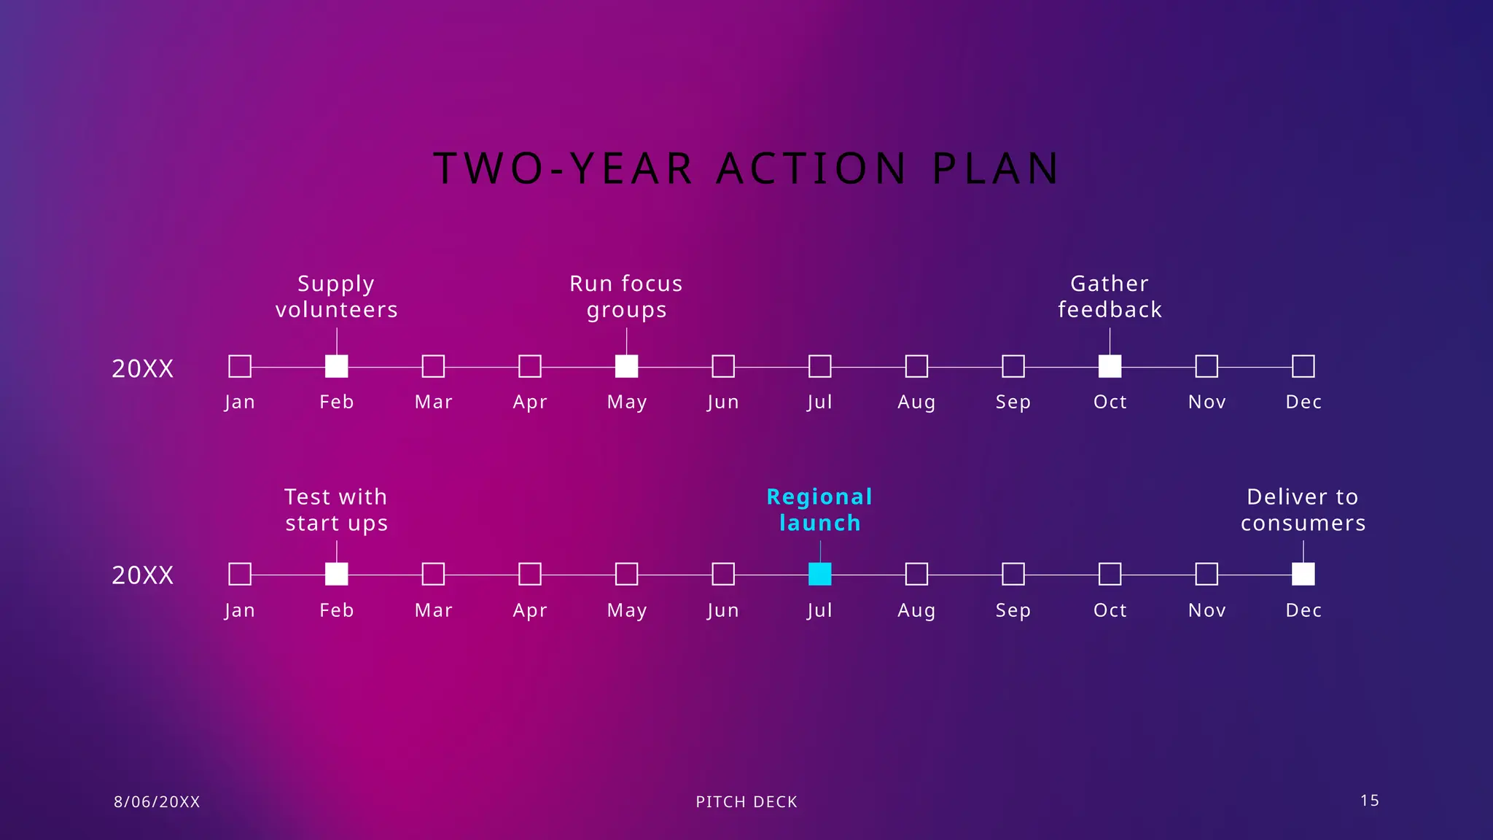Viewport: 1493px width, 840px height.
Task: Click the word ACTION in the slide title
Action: click(812, 168)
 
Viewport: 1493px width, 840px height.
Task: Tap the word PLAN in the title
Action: click(996, 168)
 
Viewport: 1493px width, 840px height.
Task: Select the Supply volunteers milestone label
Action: click(336, 297)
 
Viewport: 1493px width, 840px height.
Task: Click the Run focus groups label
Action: click(626, 297)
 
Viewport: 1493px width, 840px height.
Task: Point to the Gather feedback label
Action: click(1110, 297)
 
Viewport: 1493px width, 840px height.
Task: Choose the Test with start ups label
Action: click(336, 510)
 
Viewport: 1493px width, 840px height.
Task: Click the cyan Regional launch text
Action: click(819, 510)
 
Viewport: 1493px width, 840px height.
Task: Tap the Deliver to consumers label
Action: click(1303, 510)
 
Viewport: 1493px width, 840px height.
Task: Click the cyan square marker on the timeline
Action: click(819, 574)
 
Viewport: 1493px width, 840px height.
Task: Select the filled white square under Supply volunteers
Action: click(336, 366)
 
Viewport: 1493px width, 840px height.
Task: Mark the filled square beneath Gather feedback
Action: click(1110, 366)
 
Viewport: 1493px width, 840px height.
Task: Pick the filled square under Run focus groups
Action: click(626, 366)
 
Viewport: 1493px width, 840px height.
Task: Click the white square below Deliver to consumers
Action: click(1303, 574)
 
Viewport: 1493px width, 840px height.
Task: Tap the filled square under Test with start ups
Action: click(336, 574)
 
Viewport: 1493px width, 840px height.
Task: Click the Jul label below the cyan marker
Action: click(819, 610)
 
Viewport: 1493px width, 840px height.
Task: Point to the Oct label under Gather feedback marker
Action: click(1110, 402)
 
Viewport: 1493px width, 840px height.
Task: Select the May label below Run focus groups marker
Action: click(626, 402)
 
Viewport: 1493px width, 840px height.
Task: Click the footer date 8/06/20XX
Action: click(157, 802)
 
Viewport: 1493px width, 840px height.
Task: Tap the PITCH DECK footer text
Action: click(746, 802)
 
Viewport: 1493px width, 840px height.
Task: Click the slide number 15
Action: click(1369, 801)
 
